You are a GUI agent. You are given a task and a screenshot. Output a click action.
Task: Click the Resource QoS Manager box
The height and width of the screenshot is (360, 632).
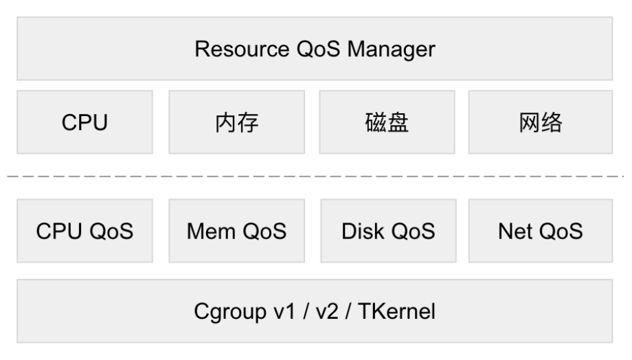pyautogui.click(x=315, y=49)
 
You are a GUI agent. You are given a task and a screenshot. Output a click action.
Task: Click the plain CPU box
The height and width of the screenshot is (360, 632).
pyautogui.click(x=84, y=122)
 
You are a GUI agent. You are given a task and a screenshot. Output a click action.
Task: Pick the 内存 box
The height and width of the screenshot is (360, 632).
pyautogui.click(x=236, y=122)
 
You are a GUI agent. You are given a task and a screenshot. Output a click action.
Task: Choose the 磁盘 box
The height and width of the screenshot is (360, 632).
pyautogui.click(x=387, y=122)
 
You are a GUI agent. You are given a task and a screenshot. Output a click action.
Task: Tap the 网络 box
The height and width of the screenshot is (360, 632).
pyautogui.click(x=541, y=122)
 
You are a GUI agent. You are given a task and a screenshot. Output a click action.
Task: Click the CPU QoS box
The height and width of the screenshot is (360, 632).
pyautogui.click(x=84, y=232)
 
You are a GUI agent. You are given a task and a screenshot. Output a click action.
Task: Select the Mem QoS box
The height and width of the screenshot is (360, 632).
pyautogui.click(x=236, y=232)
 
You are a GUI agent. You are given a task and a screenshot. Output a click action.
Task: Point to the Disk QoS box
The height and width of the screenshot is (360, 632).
pyautogui.click(x=388, y=232)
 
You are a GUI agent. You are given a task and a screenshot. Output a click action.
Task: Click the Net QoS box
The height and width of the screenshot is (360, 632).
pyautogui.click(x=541, y=232)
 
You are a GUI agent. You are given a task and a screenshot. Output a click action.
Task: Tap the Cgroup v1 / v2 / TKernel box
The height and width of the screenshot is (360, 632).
pyautogui.click(x=315, y=311)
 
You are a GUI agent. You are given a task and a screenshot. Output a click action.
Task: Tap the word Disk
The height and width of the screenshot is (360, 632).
pyautogui.click(x=359, y=232)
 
